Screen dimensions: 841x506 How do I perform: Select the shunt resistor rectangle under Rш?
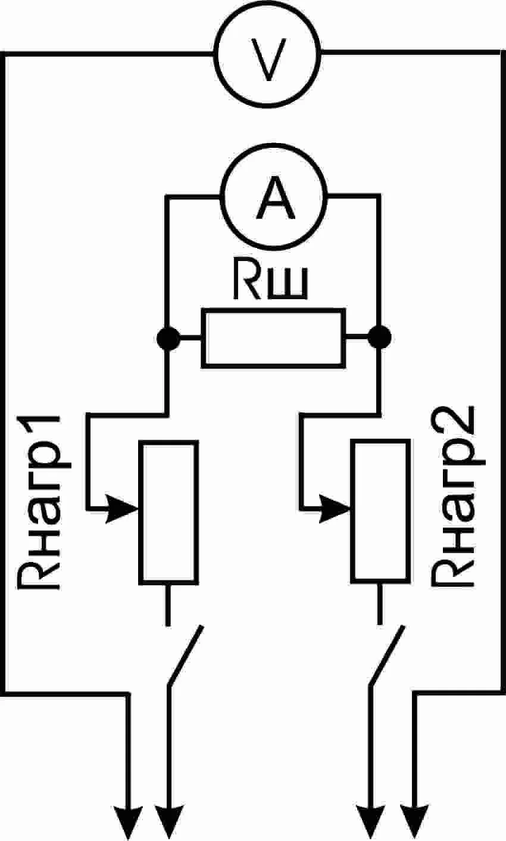click(274, 337)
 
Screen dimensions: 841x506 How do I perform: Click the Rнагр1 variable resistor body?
click(168, 511)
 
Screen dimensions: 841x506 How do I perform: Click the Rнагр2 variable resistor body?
click(380, 511)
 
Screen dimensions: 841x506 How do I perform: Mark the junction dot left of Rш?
click(168, 338)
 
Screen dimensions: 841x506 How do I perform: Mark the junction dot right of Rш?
click(379, 338)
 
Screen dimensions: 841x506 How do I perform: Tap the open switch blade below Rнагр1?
click(186, 656)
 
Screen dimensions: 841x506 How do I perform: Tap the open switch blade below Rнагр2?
click(387, 656)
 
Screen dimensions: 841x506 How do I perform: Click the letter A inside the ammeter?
click(275, 200)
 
